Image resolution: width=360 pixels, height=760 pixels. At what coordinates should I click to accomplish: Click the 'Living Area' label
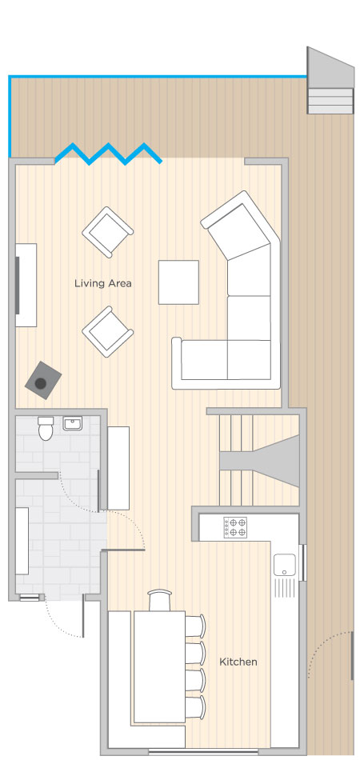pos(102,283)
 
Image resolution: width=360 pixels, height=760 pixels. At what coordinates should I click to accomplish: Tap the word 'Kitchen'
pos(238,662)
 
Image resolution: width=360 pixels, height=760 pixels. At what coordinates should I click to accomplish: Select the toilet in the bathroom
pos(46,429)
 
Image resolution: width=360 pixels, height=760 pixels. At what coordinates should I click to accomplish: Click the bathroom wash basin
pos(73,423)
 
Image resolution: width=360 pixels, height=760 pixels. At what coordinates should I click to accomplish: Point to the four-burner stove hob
pos(235,527)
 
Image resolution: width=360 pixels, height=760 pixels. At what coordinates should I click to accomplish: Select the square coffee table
pos(178,282)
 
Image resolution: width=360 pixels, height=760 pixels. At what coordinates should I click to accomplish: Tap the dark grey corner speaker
pos(43,380)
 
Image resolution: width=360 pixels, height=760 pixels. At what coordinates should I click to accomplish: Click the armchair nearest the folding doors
pos(107,232)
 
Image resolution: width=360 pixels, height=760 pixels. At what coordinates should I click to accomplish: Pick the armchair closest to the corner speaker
pos(107,331)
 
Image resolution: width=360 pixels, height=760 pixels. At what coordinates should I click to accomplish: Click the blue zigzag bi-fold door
pos(109,154)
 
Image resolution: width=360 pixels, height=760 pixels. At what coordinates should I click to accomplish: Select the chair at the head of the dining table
pos(159,600)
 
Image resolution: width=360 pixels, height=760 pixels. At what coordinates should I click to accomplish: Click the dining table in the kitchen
pos(159,666)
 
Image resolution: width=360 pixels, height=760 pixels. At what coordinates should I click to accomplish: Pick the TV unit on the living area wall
pos(26,285)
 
